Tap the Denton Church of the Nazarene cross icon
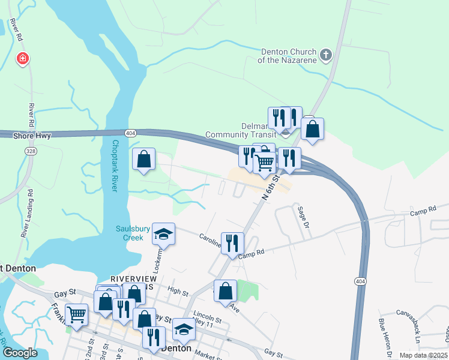click(326, 56)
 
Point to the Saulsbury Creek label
click(129, 233)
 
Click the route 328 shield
click(31, 152)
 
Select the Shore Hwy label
click(32, 136)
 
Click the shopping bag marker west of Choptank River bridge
click(143, 160)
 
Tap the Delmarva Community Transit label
click(240, 130)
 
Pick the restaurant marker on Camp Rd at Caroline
click(232, 243)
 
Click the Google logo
click(20, 353)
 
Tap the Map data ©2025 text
click(423, 355)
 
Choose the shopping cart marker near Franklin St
click(76, 314)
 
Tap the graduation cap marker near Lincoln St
click(184, 329)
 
